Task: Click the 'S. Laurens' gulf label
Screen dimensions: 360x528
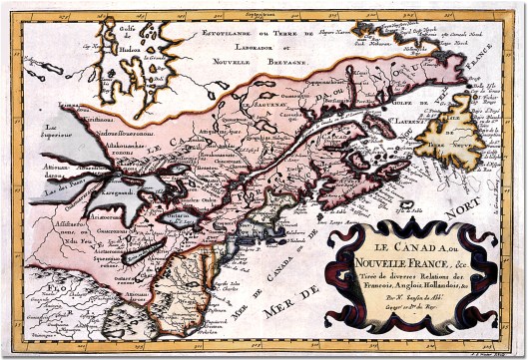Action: pos(397,129)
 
